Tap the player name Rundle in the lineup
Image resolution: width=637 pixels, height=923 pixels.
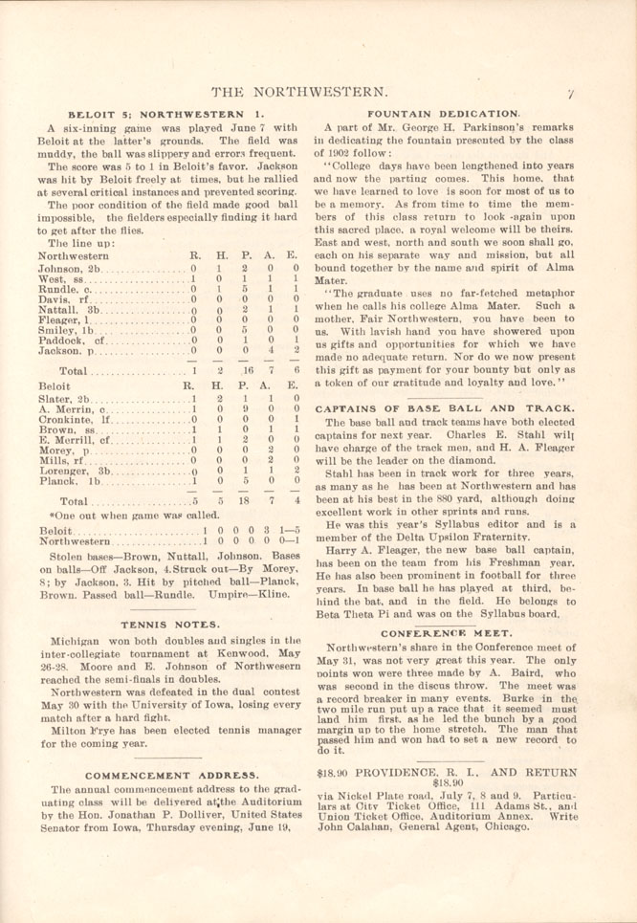click(64, 286)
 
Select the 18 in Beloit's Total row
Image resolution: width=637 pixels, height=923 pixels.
click(247, 527)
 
